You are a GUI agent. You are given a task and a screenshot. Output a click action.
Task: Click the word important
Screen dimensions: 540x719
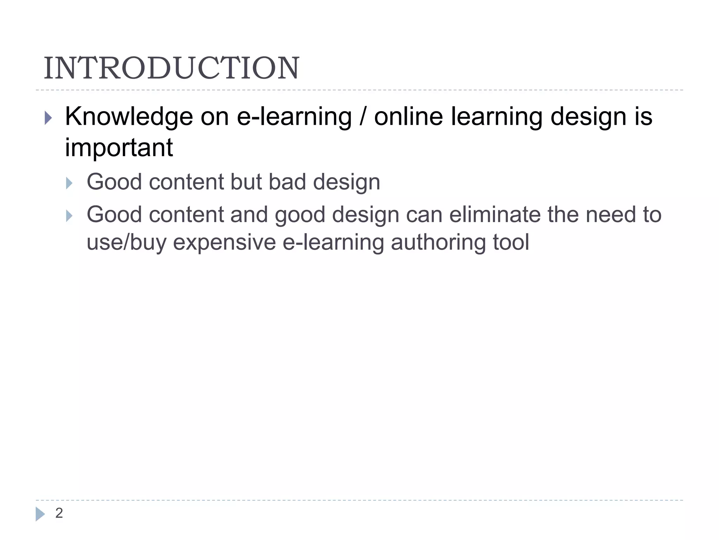[x=119, y=147]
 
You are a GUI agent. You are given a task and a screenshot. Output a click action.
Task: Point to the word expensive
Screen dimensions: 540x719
[x=224, y=242]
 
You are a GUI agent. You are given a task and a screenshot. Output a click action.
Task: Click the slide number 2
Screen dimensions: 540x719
[x=59, y=513]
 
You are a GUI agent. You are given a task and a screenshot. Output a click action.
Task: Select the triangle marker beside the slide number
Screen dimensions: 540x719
[x=40, y=514]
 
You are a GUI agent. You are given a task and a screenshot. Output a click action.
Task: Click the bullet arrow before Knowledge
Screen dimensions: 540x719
[x=48, y=118]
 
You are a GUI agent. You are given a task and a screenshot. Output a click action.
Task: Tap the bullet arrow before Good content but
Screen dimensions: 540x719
[x=69, y=183]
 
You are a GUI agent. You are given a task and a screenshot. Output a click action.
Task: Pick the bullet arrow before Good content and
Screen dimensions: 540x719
[x=69, y=216]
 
